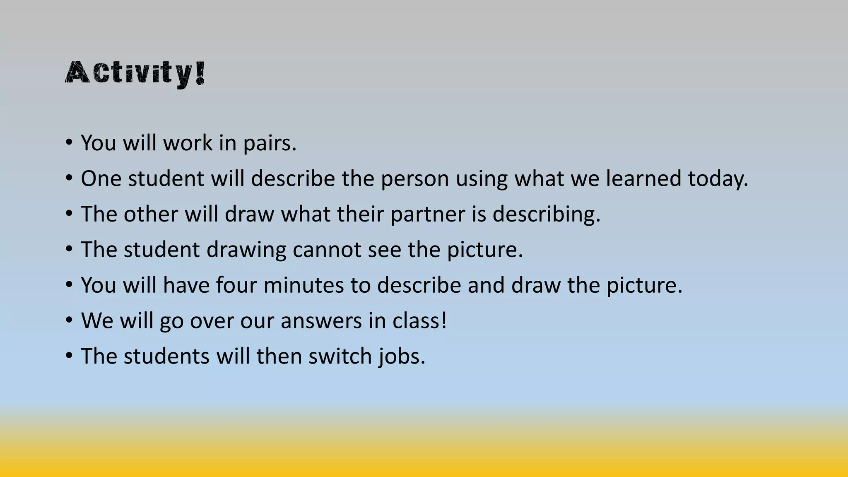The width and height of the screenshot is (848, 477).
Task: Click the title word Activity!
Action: [x=135, y=73]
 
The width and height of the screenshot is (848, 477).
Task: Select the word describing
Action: [x=546, y=215]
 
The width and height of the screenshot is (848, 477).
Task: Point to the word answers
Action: [x=321, y=321]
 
